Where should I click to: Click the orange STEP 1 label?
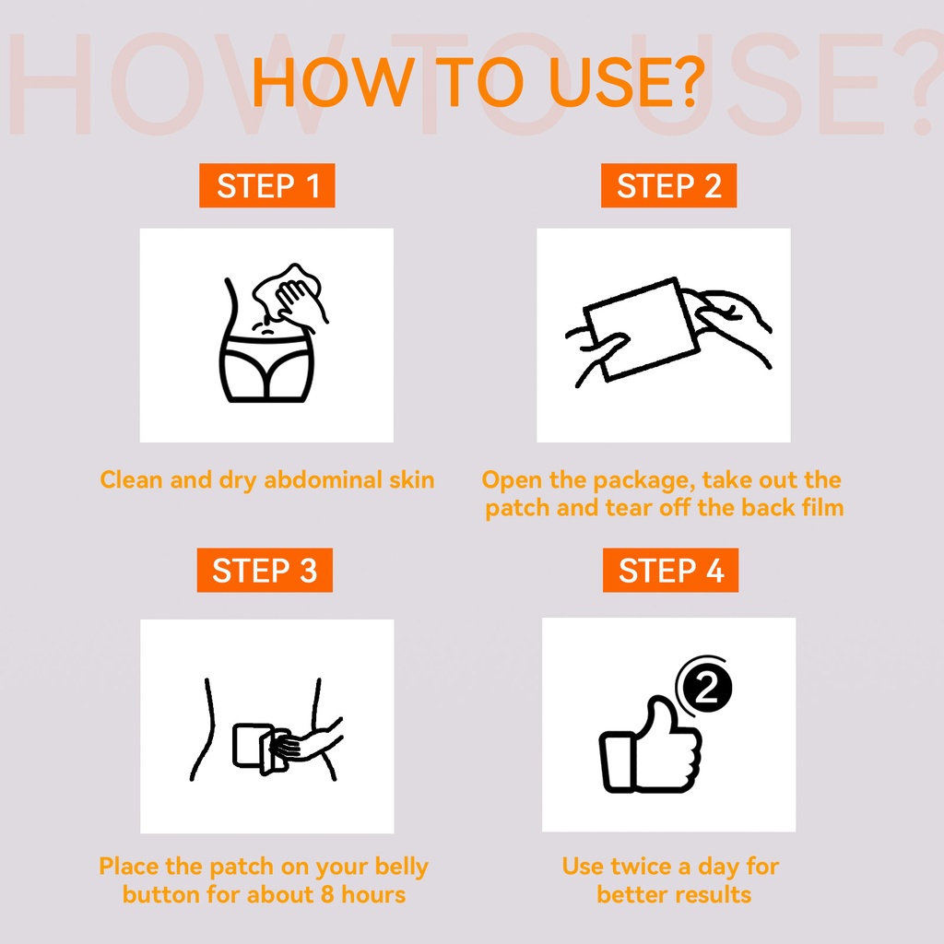click(266, 185)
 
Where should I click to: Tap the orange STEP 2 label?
click(668, 185)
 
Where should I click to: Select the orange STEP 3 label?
click(265, 570)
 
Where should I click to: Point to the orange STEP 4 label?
click(670, 570)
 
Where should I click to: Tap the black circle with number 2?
click(707, 688)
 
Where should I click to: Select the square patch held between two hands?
click(642, 329)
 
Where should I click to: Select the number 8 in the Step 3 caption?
click(327, 894)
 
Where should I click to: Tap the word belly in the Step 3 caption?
click(401, 867)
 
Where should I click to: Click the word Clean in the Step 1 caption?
click(131, 479)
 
